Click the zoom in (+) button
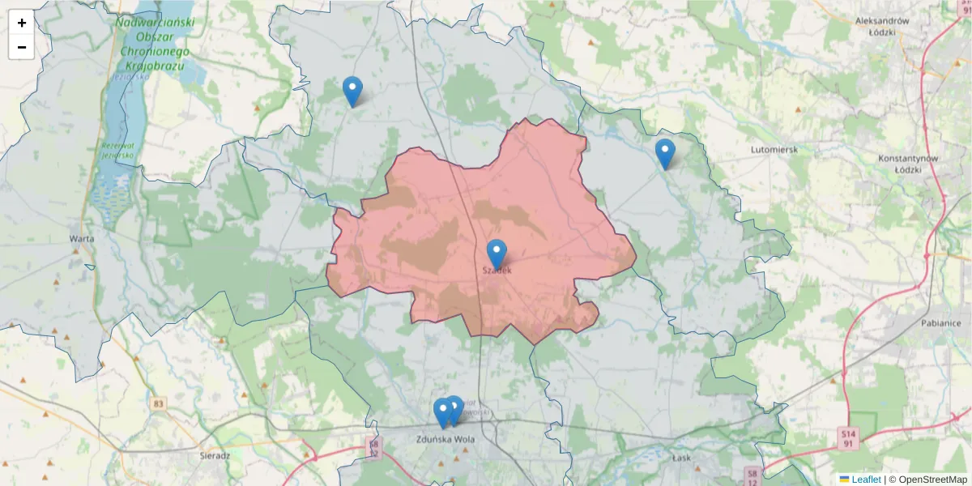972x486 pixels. pos(22,23)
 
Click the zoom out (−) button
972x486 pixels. pos(22,47)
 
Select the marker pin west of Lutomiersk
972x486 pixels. pos(665,153)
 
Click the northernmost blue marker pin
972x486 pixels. pos(352,91)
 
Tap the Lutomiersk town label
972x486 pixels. pos(774,150)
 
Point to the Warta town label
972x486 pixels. pos(82,239)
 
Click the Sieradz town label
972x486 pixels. pos(215,456)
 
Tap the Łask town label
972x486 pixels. pos(682,458)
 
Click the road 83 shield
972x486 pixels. pos(158,403)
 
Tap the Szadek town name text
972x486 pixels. pos(497,271)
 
